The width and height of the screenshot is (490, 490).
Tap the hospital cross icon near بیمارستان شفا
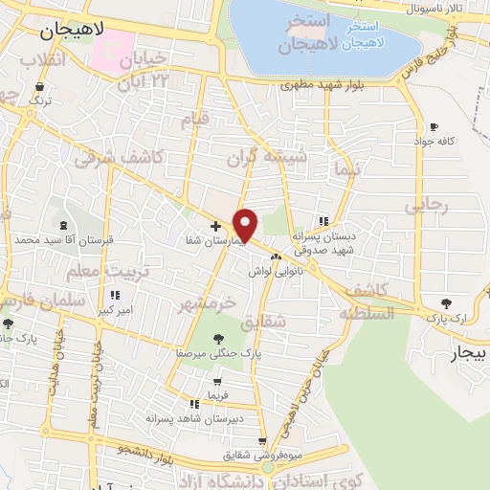215,227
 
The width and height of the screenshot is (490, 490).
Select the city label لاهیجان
72,31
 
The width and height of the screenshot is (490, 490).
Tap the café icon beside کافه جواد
434,127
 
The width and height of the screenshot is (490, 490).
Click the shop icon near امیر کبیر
116,295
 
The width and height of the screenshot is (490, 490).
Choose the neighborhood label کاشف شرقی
133,157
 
